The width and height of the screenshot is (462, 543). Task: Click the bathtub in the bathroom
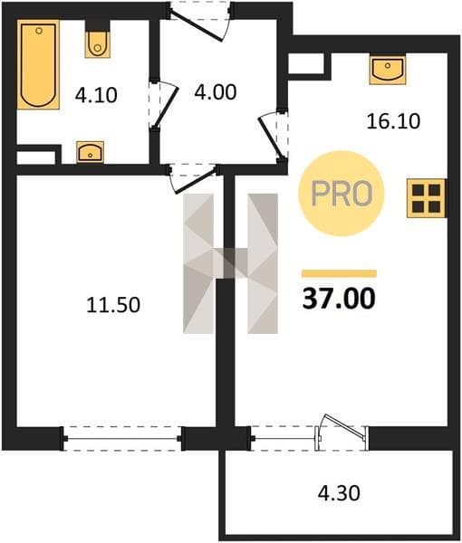click(x=38, y=64)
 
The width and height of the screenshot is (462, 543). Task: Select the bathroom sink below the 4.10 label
click(x=90, y=152)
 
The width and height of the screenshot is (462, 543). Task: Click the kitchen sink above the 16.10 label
click(x=388, y=71)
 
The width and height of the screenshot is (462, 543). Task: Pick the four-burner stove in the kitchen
click(x=426, y=198)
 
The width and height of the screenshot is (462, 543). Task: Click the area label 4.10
click(x=96, y=95)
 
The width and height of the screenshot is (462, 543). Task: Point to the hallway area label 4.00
click(x=216, y=92)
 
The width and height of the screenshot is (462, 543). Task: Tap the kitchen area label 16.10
click(x=393, y=121)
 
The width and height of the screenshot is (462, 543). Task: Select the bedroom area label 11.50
click(x=113, y=305)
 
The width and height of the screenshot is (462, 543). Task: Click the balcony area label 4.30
click(x=339, y=493)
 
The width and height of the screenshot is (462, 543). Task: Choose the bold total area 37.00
click(x=339, y=299)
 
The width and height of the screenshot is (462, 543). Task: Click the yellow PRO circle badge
click(x=342, y=194)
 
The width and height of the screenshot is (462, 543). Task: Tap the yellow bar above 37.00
click(x=339, y=273)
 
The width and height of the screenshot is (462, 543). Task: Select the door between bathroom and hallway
click(x=164, y=105)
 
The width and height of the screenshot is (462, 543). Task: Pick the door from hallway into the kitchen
click(x=274, y=136)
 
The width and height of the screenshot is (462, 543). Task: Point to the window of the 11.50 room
click(x=122, y=438)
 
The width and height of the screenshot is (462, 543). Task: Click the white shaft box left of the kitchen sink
click(x=305, y=62)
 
